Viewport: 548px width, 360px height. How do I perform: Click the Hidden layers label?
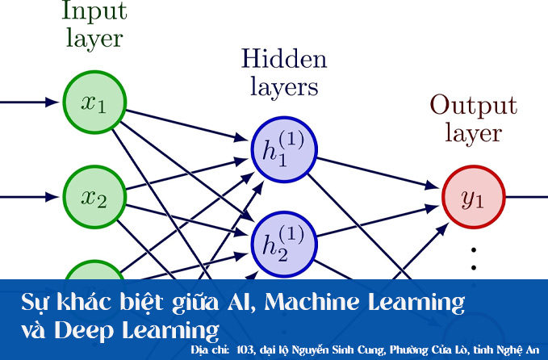point(284,73)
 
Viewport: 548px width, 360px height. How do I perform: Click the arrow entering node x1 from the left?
point(32,103)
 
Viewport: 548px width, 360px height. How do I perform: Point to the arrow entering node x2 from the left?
point(32,196)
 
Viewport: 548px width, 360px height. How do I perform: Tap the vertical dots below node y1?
point(475,257)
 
